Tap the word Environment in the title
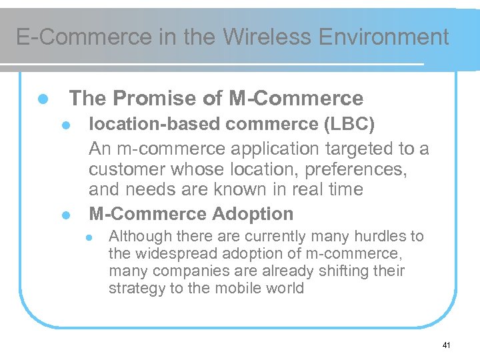pyautogui.click(x=385, y=37)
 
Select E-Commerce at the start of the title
pyautogui.click(x=84, y=37)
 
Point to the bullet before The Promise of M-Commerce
pyautogui.click(x=42, y=99)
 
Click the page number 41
pyautogui.click(x=446, y=345)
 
